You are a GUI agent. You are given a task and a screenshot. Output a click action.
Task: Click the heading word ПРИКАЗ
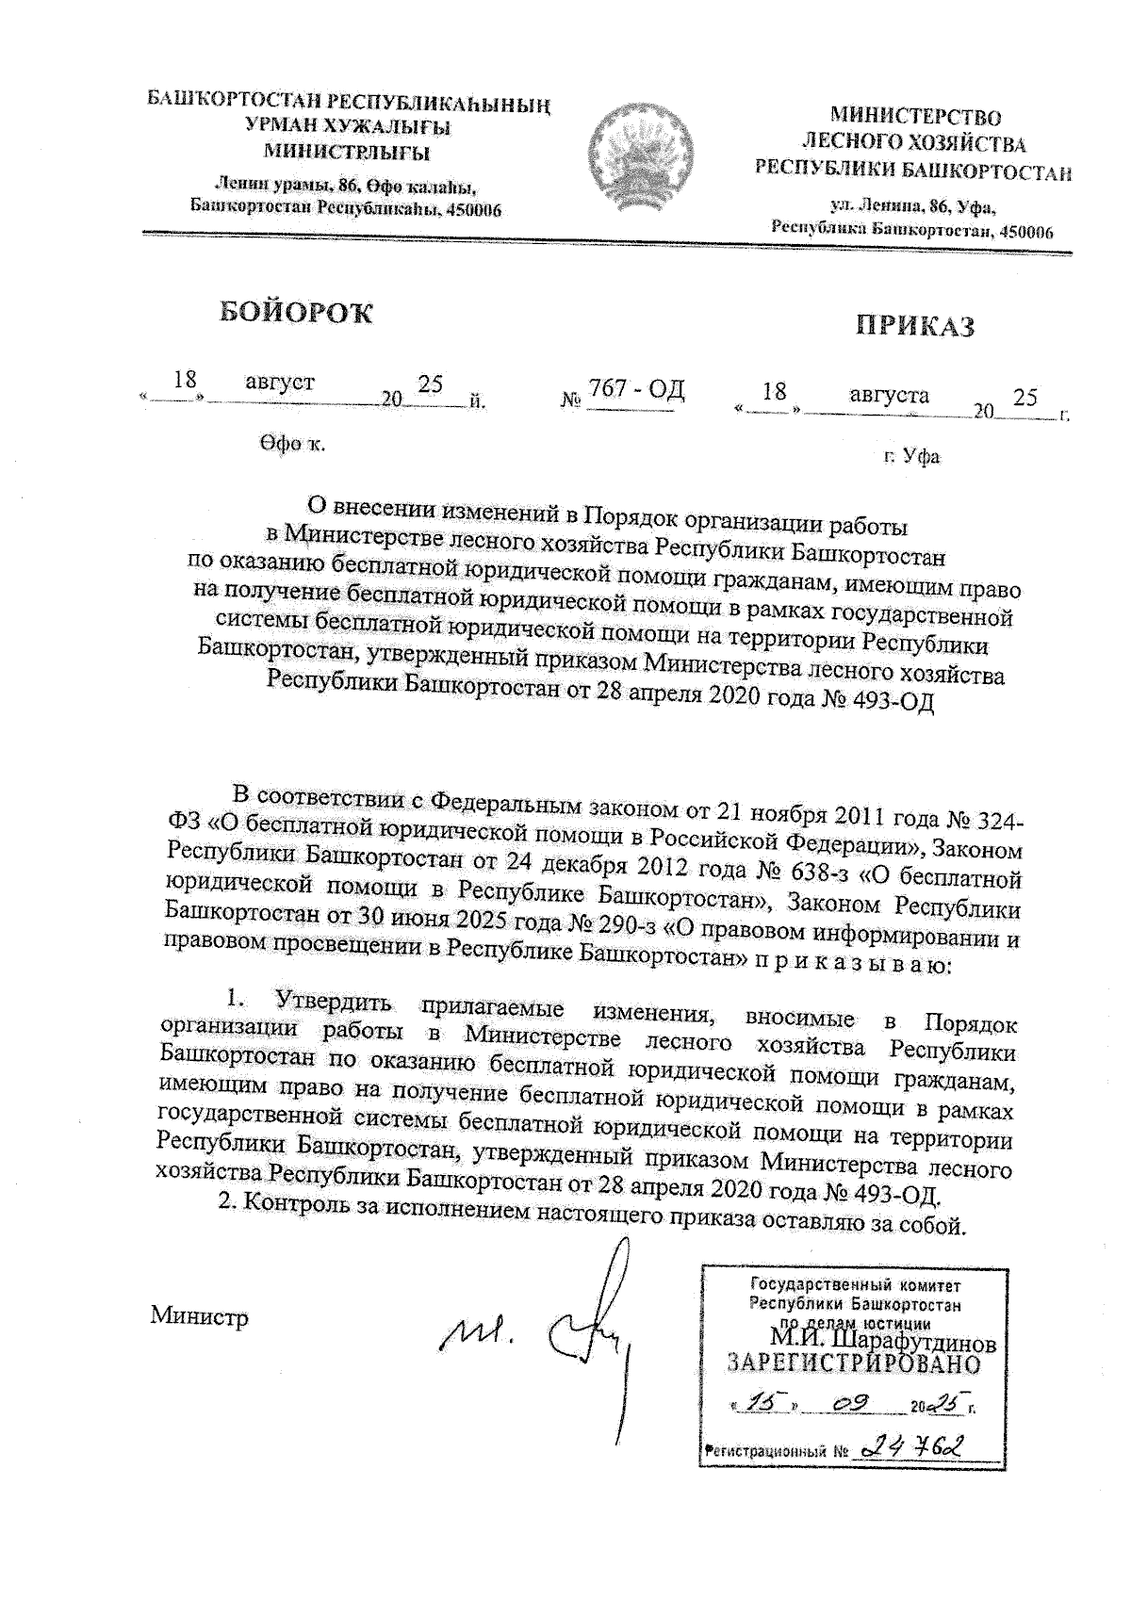click(914, 326)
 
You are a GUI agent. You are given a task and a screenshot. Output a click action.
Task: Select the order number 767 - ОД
click(636, 389)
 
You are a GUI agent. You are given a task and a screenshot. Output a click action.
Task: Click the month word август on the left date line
click(280, 383)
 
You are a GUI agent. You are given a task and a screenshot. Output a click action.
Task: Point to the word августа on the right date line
click(889, 395)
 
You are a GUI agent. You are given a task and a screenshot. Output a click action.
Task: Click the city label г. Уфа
click(911, 457)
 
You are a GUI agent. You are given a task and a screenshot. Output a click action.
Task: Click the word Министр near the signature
click(200, 1317)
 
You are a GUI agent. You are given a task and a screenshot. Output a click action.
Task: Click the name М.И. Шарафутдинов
click(883, 1339)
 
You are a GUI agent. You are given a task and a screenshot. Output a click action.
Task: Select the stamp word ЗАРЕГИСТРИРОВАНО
click(855, 1363)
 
